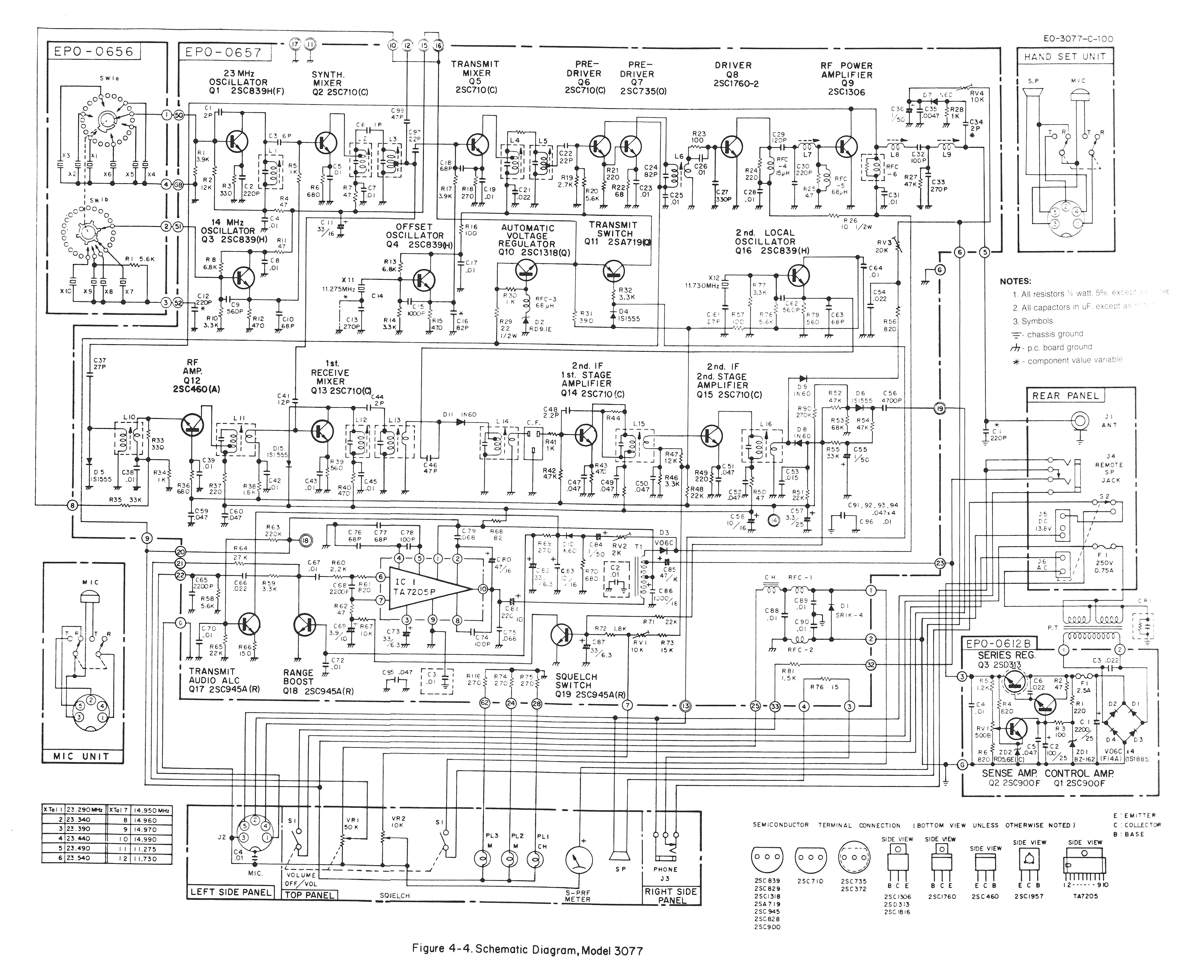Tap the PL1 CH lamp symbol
[x=536, y=859]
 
